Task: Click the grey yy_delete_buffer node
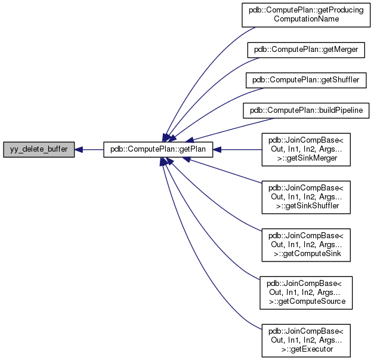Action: pos(39,150)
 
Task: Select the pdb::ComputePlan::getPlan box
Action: pos(158,150)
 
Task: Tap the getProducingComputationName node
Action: pos(306,14)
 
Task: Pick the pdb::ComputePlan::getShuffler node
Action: pos(306,79)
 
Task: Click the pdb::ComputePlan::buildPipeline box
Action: pos(306,110)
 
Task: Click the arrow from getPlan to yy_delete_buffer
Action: pos(92,150)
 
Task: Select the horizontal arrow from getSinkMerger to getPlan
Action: pos(239,150)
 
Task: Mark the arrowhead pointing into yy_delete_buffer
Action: pos(79,150)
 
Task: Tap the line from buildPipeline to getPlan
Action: pos(221,131)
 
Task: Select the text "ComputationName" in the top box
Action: pos(306,19)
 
